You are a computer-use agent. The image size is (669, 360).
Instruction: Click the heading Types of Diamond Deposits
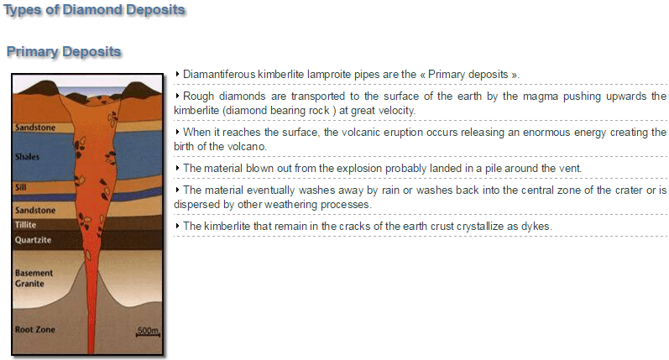coord(94,10)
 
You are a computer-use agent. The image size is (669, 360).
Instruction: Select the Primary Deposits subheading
coord(64,52)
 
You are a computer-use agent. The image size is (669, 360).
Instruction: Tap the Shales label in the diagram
coord(27,157)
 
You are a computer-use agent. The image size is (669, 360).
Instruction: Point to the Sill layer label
coord(20,187)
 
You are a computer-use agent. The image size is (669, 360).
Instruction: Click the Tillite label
coord(25,225)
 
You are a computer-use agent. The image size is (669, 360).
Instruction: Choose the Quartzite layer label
coord(33,240)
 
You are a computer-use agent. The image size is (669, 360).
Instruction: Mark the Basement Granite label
coord(34,278)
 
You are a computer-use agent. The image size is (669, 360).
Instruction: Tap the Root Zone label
coord(35,329)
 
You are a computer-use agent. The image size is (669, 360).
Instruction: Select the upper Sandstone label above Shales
coord(35,127)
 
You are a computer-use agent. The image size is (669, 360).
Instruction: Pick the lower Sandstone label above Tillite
coord(35,211)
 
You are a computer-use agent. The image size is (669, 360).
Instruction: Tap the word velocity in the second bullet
coord(397,111)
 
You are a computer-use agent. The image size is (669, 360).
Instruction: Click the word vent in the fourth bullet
coord(571,169)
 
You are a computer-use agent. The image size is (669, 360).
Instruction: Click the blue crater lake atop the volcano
coord(91,91)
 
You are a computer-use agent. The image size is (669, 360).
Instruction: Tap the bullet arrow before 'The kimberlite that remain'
coord(177,226)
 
